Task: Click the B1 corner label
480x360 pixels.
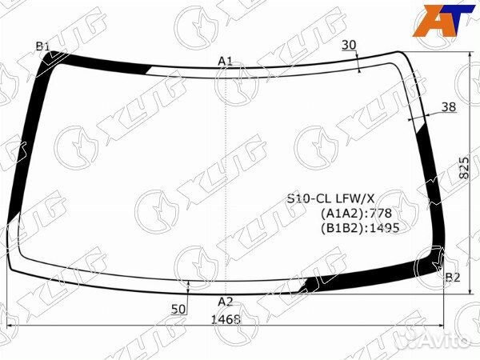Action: (42, 46)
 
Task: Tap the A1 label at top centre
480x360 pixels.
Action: (225, 62)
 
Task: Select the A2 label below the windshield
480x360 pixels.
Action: (226, 302)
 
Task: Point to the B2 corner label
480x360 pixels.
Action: (453, 278)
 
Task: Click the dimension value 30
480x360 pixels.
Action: (349, 45)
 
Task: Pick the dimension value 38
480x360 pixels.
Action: (449, 107)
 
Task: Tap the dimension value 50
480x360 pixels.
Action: (178, 309)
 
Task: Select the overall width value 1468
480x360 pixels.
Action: (226, 319)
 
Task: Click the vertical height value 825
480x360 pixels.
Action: (464, 168)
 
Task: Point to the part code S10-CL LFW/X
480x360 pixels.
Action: (330, 199)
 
